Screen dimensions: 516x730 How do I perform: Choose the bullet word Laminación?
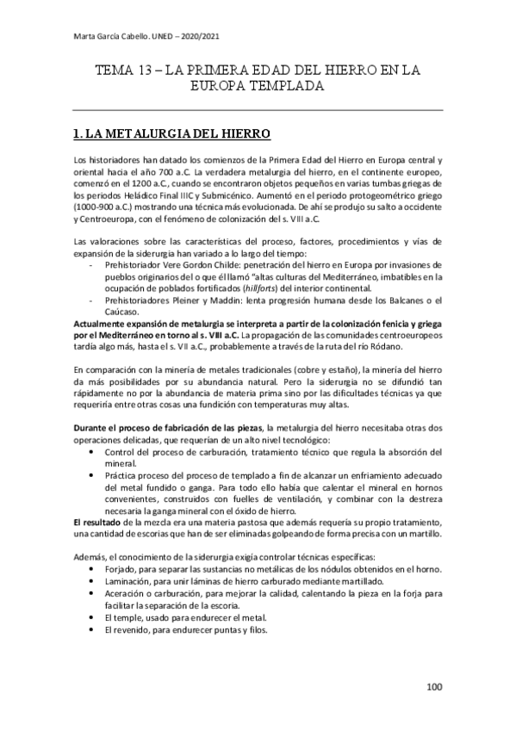(x=129, y=584)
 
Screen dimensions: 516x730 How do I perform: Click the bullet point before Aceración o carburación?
(x=92, y=596)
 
